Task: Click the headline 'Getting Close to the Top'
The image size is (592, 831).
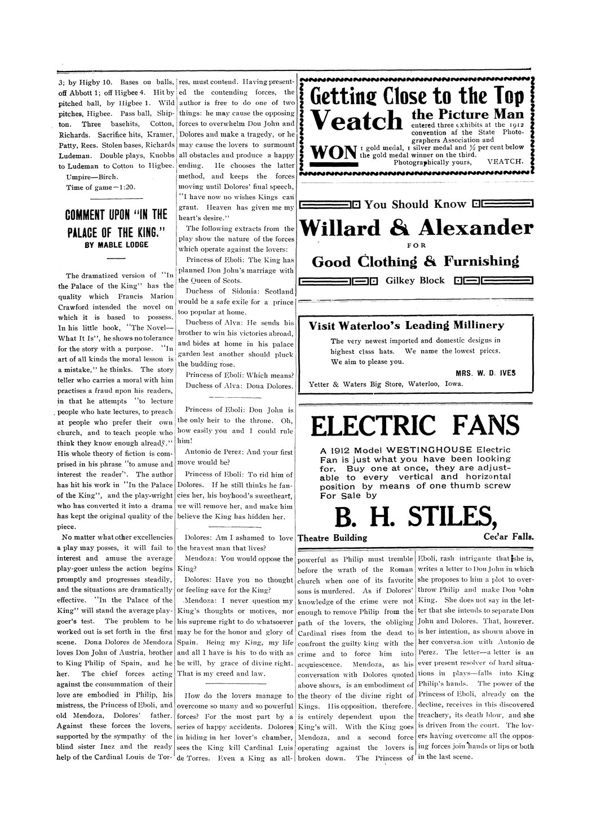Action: coord(417,96)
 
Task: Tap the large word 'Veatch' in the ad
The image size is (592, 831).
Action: coord(357,121)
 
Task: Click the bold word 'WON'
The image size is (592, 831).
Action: coord(333,151)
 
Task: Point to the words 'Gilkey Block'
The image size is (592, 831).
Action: coord(415,281)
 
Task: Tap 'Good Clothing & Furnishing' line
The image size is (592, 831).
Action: coord(415,262)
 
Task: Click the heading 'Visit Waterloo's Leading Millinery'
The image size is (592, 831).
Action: coord(407,325)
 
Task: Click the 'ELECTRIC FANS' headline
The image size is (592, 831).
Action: coord(415,426)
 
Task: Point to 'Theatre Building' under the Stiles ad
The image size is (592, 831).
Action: coord(333,538)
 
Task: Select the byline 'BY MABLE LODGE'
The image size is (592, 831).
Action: coord(116,245)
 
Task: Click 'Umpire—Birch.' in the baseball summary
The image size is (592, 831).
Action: coord(92,176)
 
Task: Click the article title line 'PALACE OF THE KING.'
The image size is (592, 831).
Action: coord(116,233)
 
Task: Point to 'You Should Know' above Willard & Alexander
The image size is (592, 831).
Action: coord(416,204)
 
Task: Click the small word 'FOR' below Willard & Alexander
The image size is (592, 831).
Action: coord(416,245)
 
